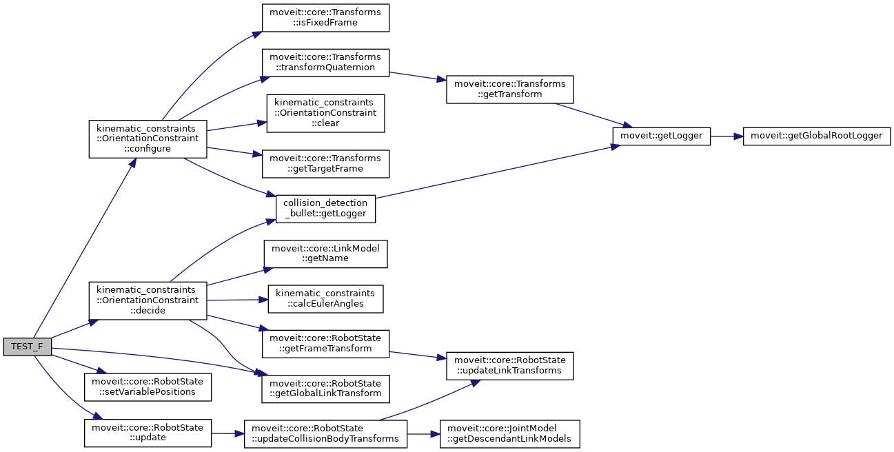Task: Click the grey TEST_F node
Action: pos(27,347)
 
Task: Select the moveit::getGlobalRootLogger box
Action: pos(817,136)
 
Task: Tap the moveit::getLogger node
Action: pos(661,136)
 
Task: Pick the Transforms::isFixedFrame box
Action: pos(325,18)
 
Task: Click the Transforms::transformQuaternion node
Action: pos(325,62)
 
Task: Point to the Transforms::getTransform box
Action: pos(509,89)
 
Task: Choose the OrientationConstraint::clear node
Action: pos(325,113)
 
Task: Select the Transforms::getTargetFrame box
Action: pos(325,163)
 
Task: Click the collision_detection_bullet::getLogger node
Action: pos(325,209)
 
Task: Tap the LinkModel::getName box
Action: pos(325,253)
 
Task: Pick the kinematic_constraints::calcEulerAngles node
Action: pos(325,298)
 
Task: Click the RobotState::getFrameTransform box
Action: pos(325,343)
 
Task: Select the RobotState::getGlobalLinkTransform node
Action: pos(325,388)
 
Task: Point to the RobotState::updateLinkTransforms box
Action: pos(509,365)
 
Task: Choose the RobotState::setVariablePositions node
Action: pos(147,387)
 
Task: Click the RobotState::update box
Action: pos(147,433)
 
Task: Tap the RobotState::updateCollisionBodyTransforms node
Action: pos(325,433)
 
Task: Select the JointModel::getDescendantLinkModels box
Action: pos(509,433)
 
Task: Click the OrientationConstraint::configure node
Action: pos(148,138)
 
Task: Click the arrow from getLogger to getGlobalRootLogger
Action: pos(726,136)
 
